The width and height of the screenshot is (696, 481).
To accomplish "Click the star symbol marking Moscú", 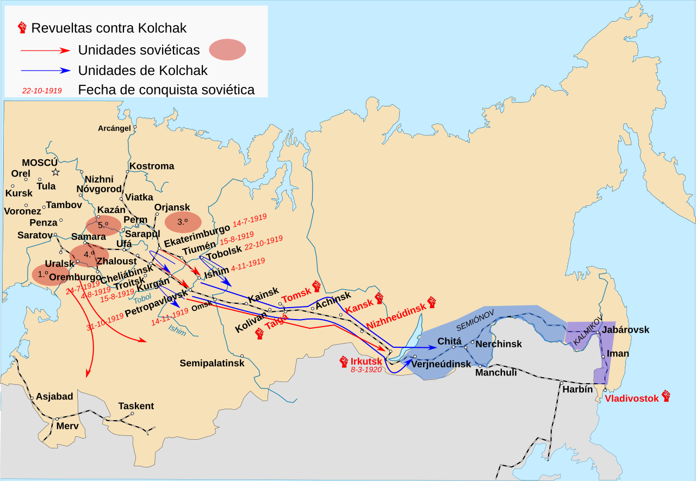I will click(x=55, y=172).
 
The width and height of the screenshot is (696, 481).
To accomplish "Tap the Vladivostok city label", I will click(x=631, y=398).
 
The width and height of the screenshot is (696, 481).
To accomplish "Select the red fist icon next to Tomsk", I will click(x=316, y=286).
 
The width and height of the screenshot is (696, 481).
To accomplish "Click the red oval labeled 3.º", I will click(x=182, y=222).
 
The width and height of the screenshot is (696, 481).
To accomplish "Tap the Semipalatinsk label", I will click(x=212, y=363).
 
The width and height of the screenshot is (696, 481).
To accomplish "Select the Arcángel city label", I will click(x=114, y=129).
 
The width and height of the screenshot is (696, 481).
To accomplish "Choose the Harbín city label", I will click(x=577, y=389).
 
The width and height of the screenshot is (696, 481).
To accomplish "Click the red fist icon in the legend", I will click(x=22, y=27).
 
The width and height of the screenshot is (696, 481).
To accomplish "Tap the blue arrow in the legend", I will click(x=46, y=70).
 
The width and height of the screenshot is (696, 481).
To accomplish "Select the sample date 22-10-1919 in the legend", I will click(x=42, y=91).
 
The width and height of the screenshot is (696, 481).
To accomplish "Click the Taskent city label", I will click(x=136, y=406).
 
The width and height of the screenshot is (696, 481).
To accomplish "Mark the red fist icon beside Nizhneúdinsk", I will click(x=432, y=302).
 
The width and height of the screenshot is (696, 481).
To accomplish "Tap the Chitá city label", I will click(x=450, y=341).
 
